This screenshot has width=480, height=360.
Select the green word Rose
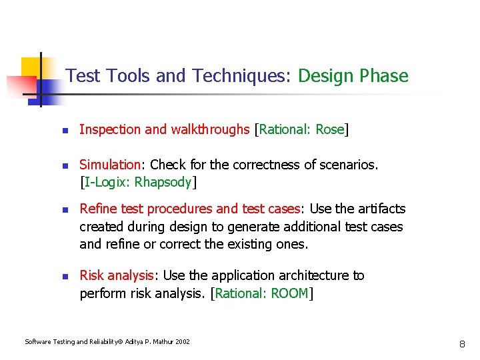pos(329,129)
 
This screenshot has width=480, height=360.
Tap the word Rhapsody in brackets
pos(163,182)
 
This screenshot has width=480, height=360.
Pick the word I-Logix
pos(107,182)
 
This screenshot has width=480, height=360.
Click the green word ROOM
pos(289,293)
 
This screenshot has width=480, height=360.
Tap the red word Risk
pos(92,275)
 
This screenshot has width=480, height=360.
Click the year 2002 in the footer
pos(182,342)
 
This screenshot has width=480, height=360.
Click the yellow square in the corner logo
pos(31,67)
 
